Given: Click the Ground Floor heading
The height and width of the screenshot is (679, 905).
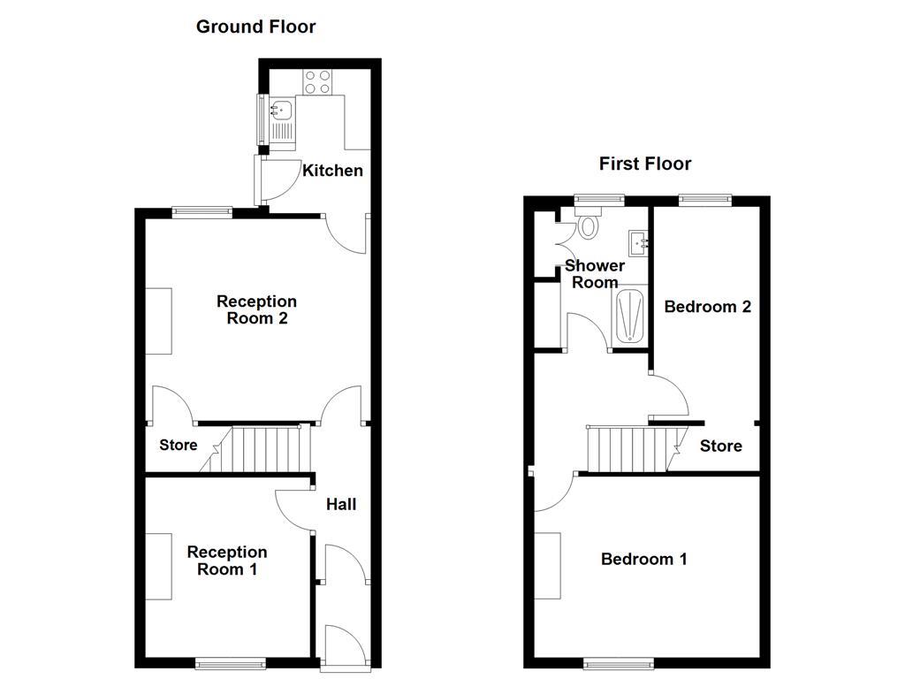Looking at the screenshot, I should pyautogui.click(x=255, y=27).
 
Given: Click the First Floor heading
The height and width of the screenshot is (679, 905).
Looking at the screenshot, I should pyautogui.click(x=645, y=164).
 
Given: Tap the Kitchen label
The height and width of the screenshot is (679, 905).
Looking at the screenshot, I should pyautogui.click(x=332, y=171).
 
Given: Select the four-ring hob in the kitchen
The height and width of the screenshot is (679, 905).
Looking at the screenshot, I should pyautogui.click(x=317, y=82).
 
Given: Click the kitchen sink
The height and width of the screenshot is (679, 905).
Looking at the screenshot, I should pyautogui.click(x=281, y=111).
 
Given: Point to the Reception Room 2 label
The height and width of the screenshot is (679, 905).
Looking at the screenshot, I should pyautogui.click(x=256, y=310).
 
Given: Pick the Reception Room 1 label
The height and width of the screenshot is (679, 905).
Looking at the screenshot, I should pyautogui.click(x=226, y=561).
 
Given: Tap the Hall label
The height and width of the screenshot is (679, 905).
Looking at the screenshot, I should pyautogui.click(x=341, y=504).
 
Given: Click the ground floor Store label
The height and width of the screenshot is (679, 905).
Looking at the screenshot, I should pyautogui.click(x=178, y=445).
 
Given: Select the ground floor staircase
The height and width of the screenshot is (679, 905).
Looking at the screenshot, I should pyautogui.click(x=266, y=449).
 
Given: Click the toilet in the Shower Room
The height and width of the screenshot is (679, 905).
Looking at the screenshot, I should pyautogui.click(x=587, y=225).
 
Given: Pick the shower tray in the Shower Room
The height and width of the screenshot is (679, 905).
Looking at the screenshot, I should pyautogui.click(x=629, y=316).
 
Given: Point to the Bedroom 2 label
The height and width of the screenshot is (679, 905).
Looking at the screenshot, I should pyautogui.click(x=707, y=307).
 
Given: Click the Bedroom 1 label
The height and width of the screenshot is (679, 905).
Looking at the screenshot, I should pyautogui.click(x=643, y=559).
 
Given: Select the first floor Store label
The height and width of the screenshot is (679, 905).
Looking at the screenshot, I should pyautogui.click(x=720, y=446).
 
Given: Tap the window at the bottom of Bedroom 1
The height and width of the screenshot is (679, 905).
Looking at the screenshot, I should pyautogui.click(x=619, y=662).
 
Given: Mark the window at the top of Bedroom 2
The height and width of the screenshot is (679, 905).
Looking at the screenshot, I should pyautogui.click(x=705, y=201).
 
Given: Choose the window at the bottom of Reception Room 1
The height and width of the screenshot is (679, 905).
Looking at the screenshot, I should pyautogui.click(x=230, y=662).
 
